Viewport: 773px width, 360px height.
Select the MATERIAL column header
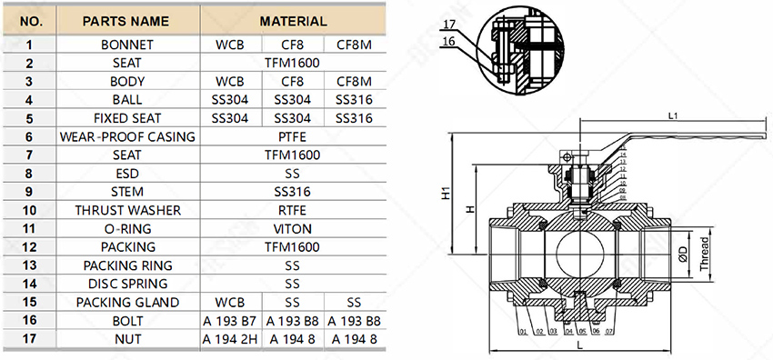coord(293,20)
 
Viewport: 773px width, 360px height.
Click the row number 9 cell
coord(29,192)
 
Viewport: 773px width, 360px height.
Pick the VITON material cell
coord(293,229)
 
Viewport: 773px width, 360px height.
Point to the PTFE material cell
coord(293,136)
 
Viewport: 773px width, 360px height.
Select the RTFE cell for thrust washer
coord(293,210)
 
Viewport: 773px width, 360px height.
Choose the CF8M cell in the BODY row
coord(354,81)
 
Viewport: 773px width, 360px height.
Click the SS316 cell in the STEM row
coord(293,192)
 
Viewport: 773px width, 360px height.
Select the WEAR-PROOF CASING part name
coord(127,136)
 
